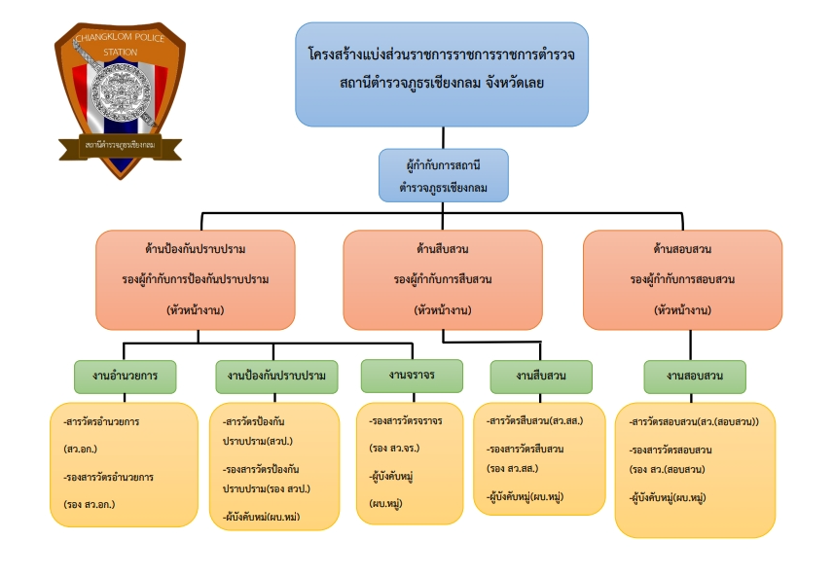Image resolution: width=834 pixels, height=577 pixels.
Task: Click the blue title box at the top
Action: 442,75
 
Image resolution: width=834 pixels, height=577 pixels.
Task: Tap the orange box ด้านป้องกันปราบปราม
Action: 196,278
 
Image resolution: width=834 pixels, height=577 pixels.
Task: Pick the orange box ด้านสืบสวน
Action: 443,278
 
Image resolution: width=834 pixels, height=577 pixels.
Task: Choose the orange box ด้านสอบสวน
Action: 681,278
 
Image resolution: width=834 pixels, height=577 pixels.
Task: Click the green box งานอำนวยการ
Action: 125,376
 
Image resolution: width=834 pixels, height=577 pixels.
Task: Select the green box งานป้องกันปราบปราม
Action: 276,376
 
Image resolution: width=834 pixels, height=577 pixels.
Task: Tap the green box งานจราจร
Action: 411,374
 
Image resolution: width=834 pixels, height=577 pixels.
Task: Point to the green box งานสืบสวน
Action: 540,376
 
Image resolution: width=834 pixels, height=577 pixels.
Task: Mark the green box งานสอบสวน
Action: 695,376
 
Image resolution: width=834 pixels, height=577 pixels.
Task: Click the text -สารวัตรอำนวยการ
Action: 100,423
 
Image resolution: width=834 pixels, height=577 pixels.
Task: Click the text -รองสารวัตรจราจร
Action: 406,423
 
